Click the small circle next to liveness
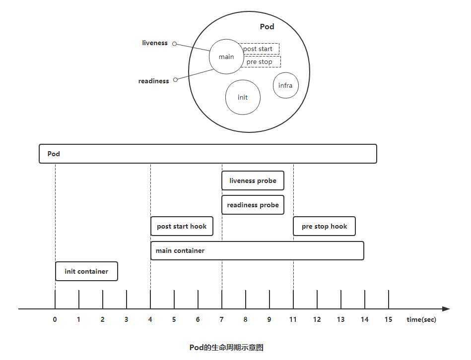174,44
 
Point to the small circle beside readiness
175,79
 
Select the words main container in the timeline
180,250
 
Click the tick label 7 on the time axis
222,319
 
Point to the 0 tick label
55,319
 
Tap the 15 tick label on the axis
389,319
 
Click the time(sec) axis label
421,320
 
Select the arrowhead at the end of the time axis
446,309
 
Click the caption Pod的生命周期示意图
226,348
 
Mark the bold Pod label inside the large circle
267,26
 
